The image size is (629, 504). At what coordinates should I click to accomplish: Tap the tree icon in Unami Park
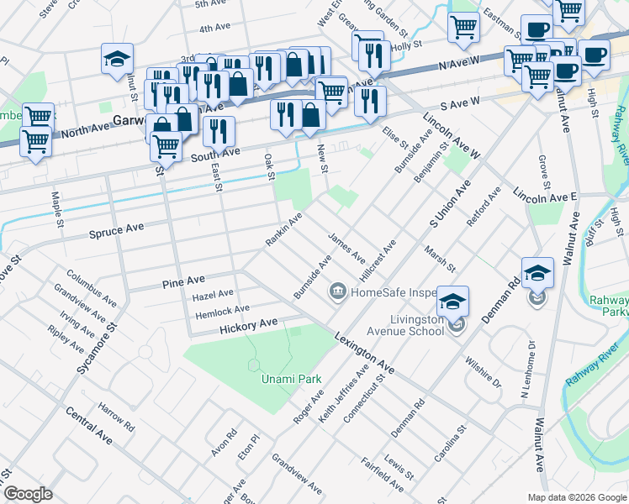pyautogui.click(x=254, y=365)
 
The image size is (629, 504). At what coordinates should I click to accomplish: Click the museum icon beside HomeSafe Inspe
pyautogui.click(x=338, y=292)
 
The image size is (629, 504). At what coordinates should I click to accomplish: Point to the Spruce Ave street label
pyautogui.click(x=118, y=229)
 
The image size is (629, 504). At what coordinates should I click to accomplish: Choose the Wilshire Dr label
pyautogui.click(x=483, y=371)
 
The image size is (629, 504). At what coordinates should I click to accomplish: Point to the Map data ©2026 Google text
pyautogui.click(x=576, y=497)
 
